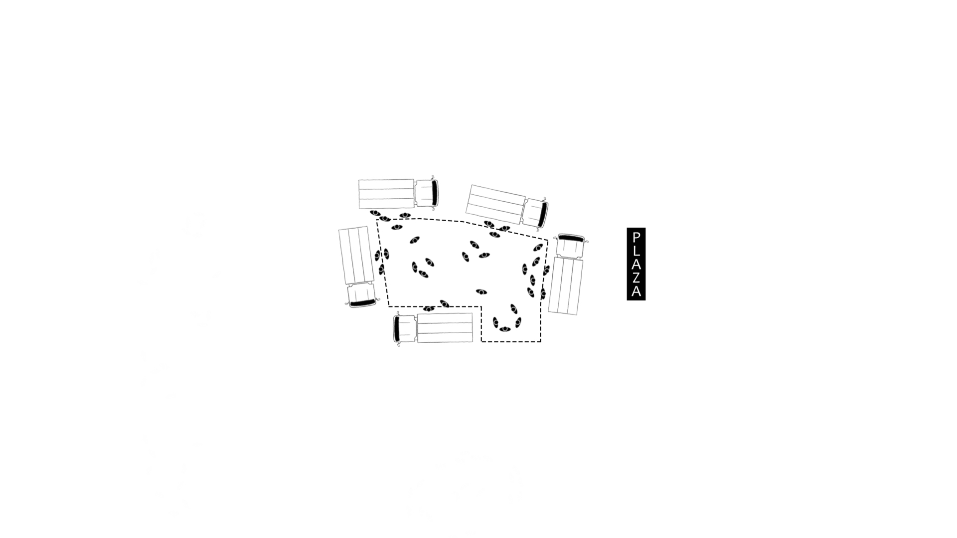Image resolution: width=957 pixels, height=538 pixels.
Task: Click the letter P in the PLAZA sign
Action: pyautogui.click(x=636, y=237)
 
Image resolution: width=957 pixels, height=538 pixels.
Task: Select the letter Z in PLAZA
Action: pyautogui.click(x=636, y=277)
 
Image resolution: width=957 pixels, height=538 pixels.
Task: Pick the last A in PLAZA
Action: pyautogui.click(x=636, y=290)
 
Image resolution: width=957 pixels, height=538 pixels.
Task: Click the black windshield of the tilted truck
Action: pyautogui.click(x=542, y=214)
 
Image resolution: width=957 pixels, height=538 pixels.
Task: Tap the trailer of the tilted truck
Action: pyautogui.click(x=495, y=204)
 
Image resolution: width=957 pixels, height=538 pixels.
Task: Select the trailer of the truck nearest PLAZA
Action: pyautogui.click(x=566, y=285)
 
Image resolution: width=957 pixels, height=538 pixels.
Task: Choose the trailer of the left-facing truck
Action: pyautogui.click(x=445, y=328)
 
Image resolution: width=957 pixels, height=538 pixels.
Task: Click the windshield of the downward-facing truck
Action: pyautogui.click(x=362, y=302)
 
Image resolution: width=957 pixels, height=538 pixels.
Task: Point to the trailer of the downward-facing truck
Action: pyautogui.click(x=356, y=256)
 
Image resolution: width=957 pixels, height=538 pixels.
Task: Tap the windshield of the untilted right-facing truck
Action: pyautogui.click(x=435, y=193)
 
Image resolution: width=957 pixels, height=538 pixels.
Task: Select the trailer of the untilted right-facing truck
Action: pyautogui.click(x=386, y=194)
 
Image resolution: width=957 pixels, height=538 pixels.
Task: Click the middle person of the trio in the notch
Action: pyautogui.click(x=505, y=329)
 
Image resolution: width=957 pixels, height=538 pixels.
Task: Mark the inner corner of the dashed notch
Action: pyautogui.click(x=481, y=306)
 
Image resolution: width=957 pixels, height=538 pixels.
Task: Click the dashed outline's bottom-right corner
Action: pyautogui.click(x=541, y=341)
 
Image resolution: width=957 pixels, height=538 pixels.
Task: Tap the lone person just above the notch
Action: pyautogui.click(x=481, y=292)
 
